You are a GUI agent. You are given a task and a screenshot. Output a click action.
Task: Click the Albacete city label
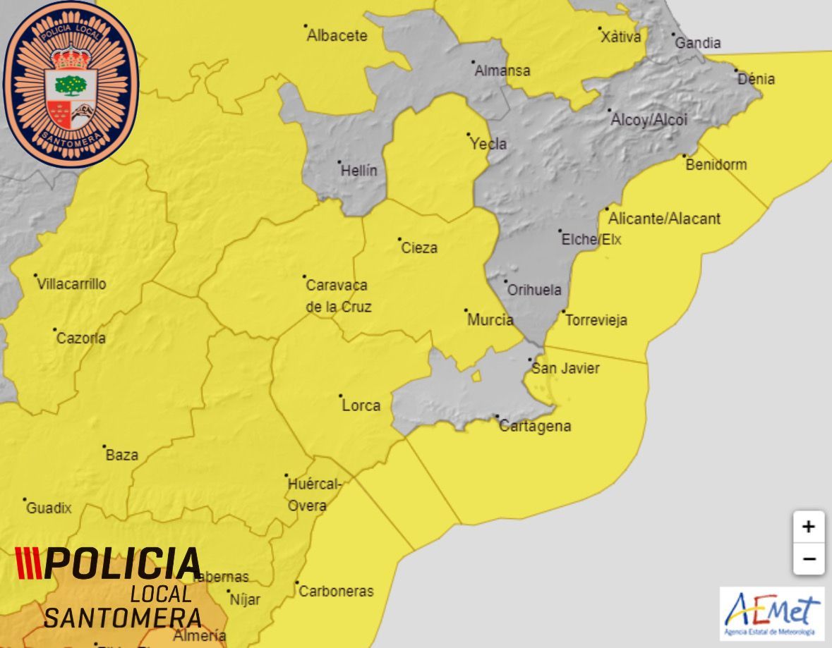[337, 36]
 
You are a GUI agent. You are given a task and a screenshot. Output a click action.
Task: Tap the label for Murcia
[490, 320]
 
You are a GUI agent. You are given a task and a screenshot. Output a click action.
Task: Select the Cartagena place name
[535, 427]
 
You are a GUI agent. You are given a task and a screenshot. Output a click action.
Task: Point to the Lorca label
[361, 405]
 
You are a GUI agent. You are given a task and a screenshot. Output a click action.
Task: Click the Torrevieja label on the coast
[596, 320]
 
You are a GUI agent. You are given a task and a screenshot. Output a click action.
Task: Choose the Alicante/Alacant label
[664, 219]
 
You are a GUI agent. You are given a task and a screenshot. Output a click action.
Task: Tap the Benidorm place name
[716, 165]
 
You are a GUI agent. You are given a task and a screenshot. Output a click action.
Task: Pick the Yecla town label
[488, 144]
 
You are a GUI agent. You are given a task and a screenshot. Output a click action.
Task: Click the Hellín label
[359, 171]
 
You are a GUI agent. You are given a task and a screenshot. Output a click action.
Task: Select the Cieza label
[419, 247]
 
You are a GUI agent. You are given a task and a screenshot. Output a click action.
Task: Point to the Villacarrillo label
[72, 284]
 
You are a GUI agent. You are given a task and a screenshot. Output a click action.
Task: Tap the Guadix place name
[49, 508]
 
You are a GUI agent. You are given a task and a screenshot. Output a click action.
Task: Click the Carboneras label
[336, 592]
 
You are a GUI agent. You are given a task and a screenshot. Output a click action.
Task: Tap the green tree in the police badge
[71, 85]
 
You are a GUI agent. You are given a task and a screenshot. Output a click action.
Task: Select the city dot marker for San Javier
[531, 360]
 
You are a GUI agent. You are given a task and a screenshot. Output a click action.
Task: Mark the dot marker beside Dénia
[736, 71]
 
